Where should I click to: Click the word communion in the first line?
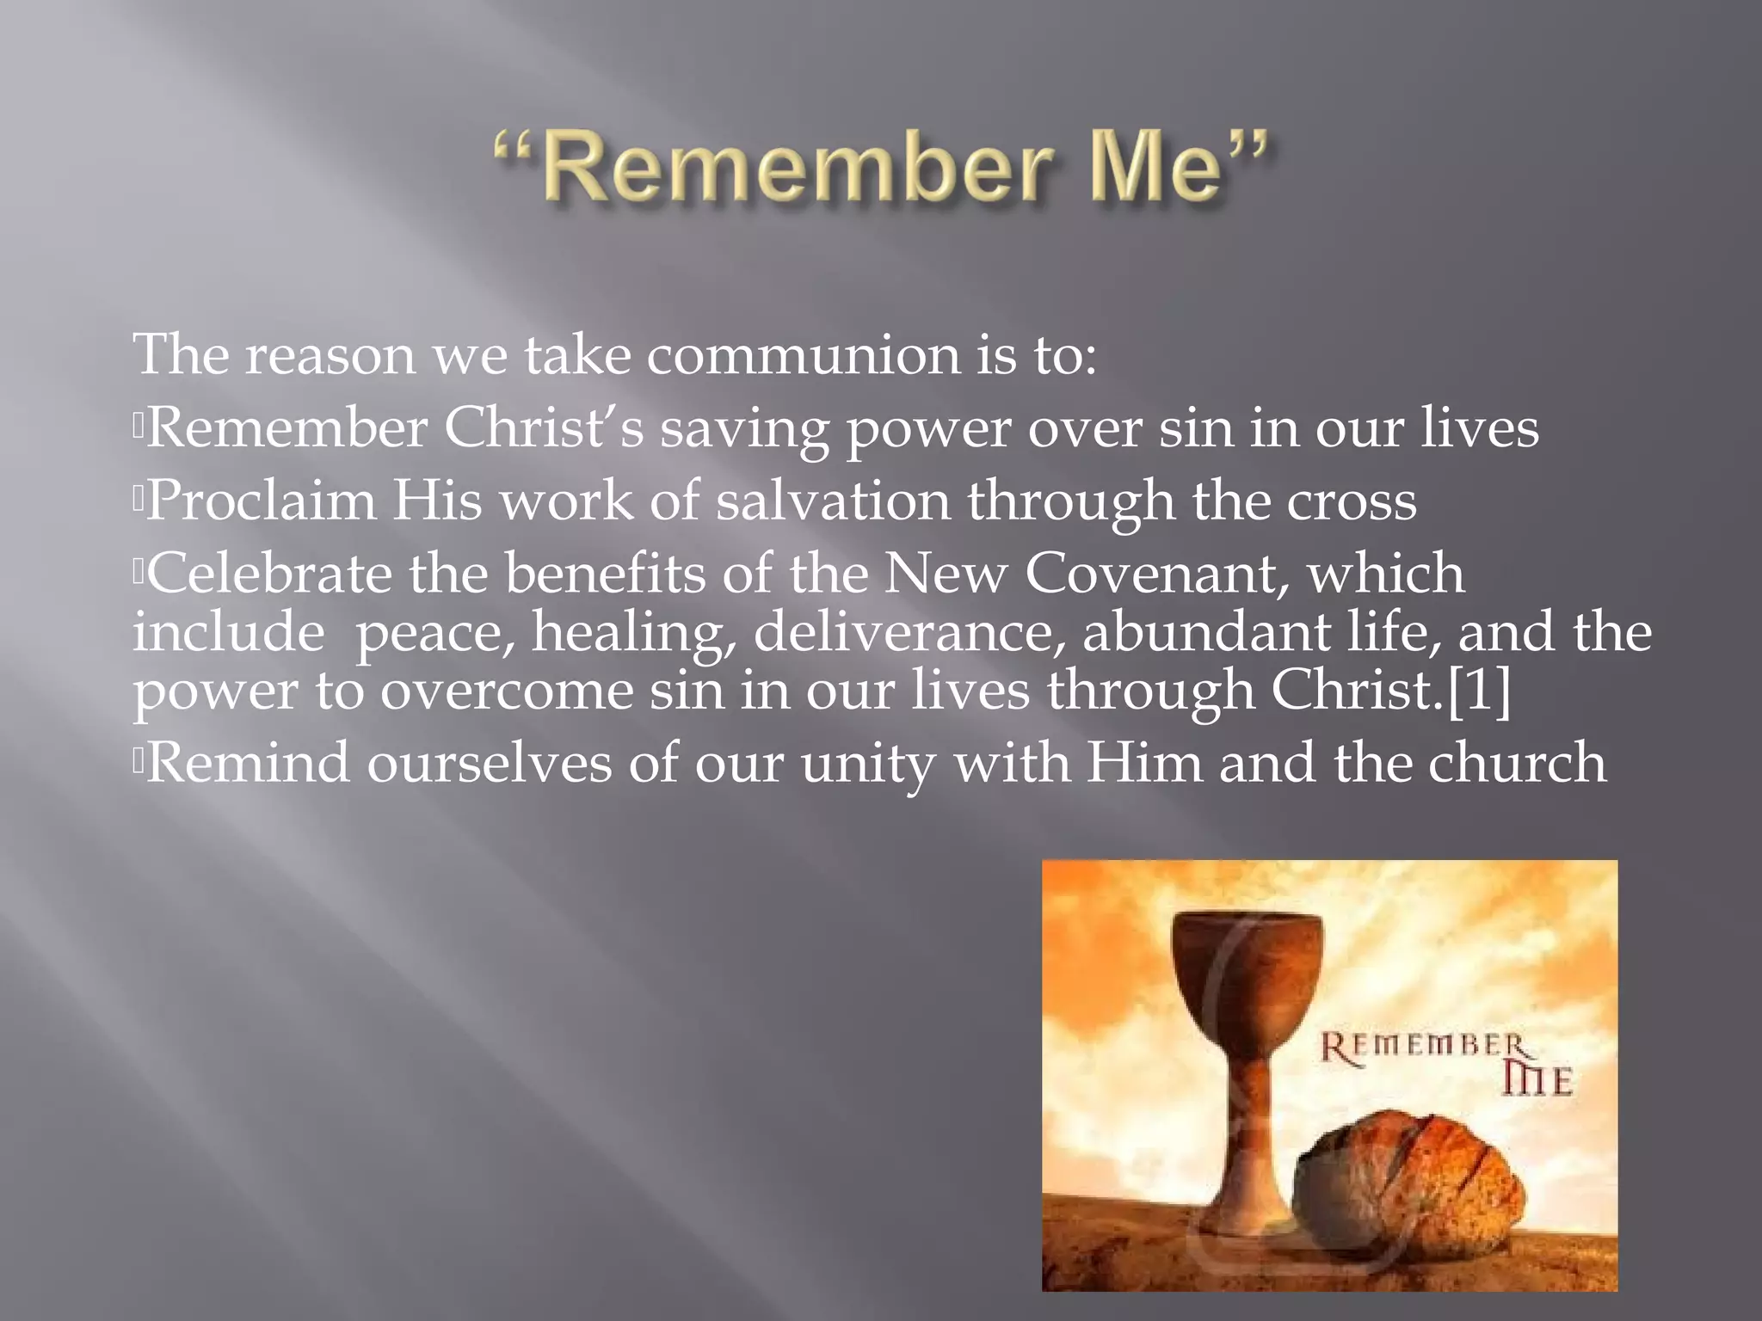804,355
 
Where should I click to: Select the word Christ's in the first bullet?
544,428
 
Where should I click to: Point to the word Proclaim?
262,501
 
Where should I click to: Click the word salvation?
833,501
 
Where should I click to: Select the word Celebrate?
269,574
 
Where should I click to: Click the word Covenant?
1156,574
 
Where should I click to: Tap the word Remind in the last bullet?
249,763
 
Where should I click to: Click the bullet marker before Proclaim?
138,501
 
